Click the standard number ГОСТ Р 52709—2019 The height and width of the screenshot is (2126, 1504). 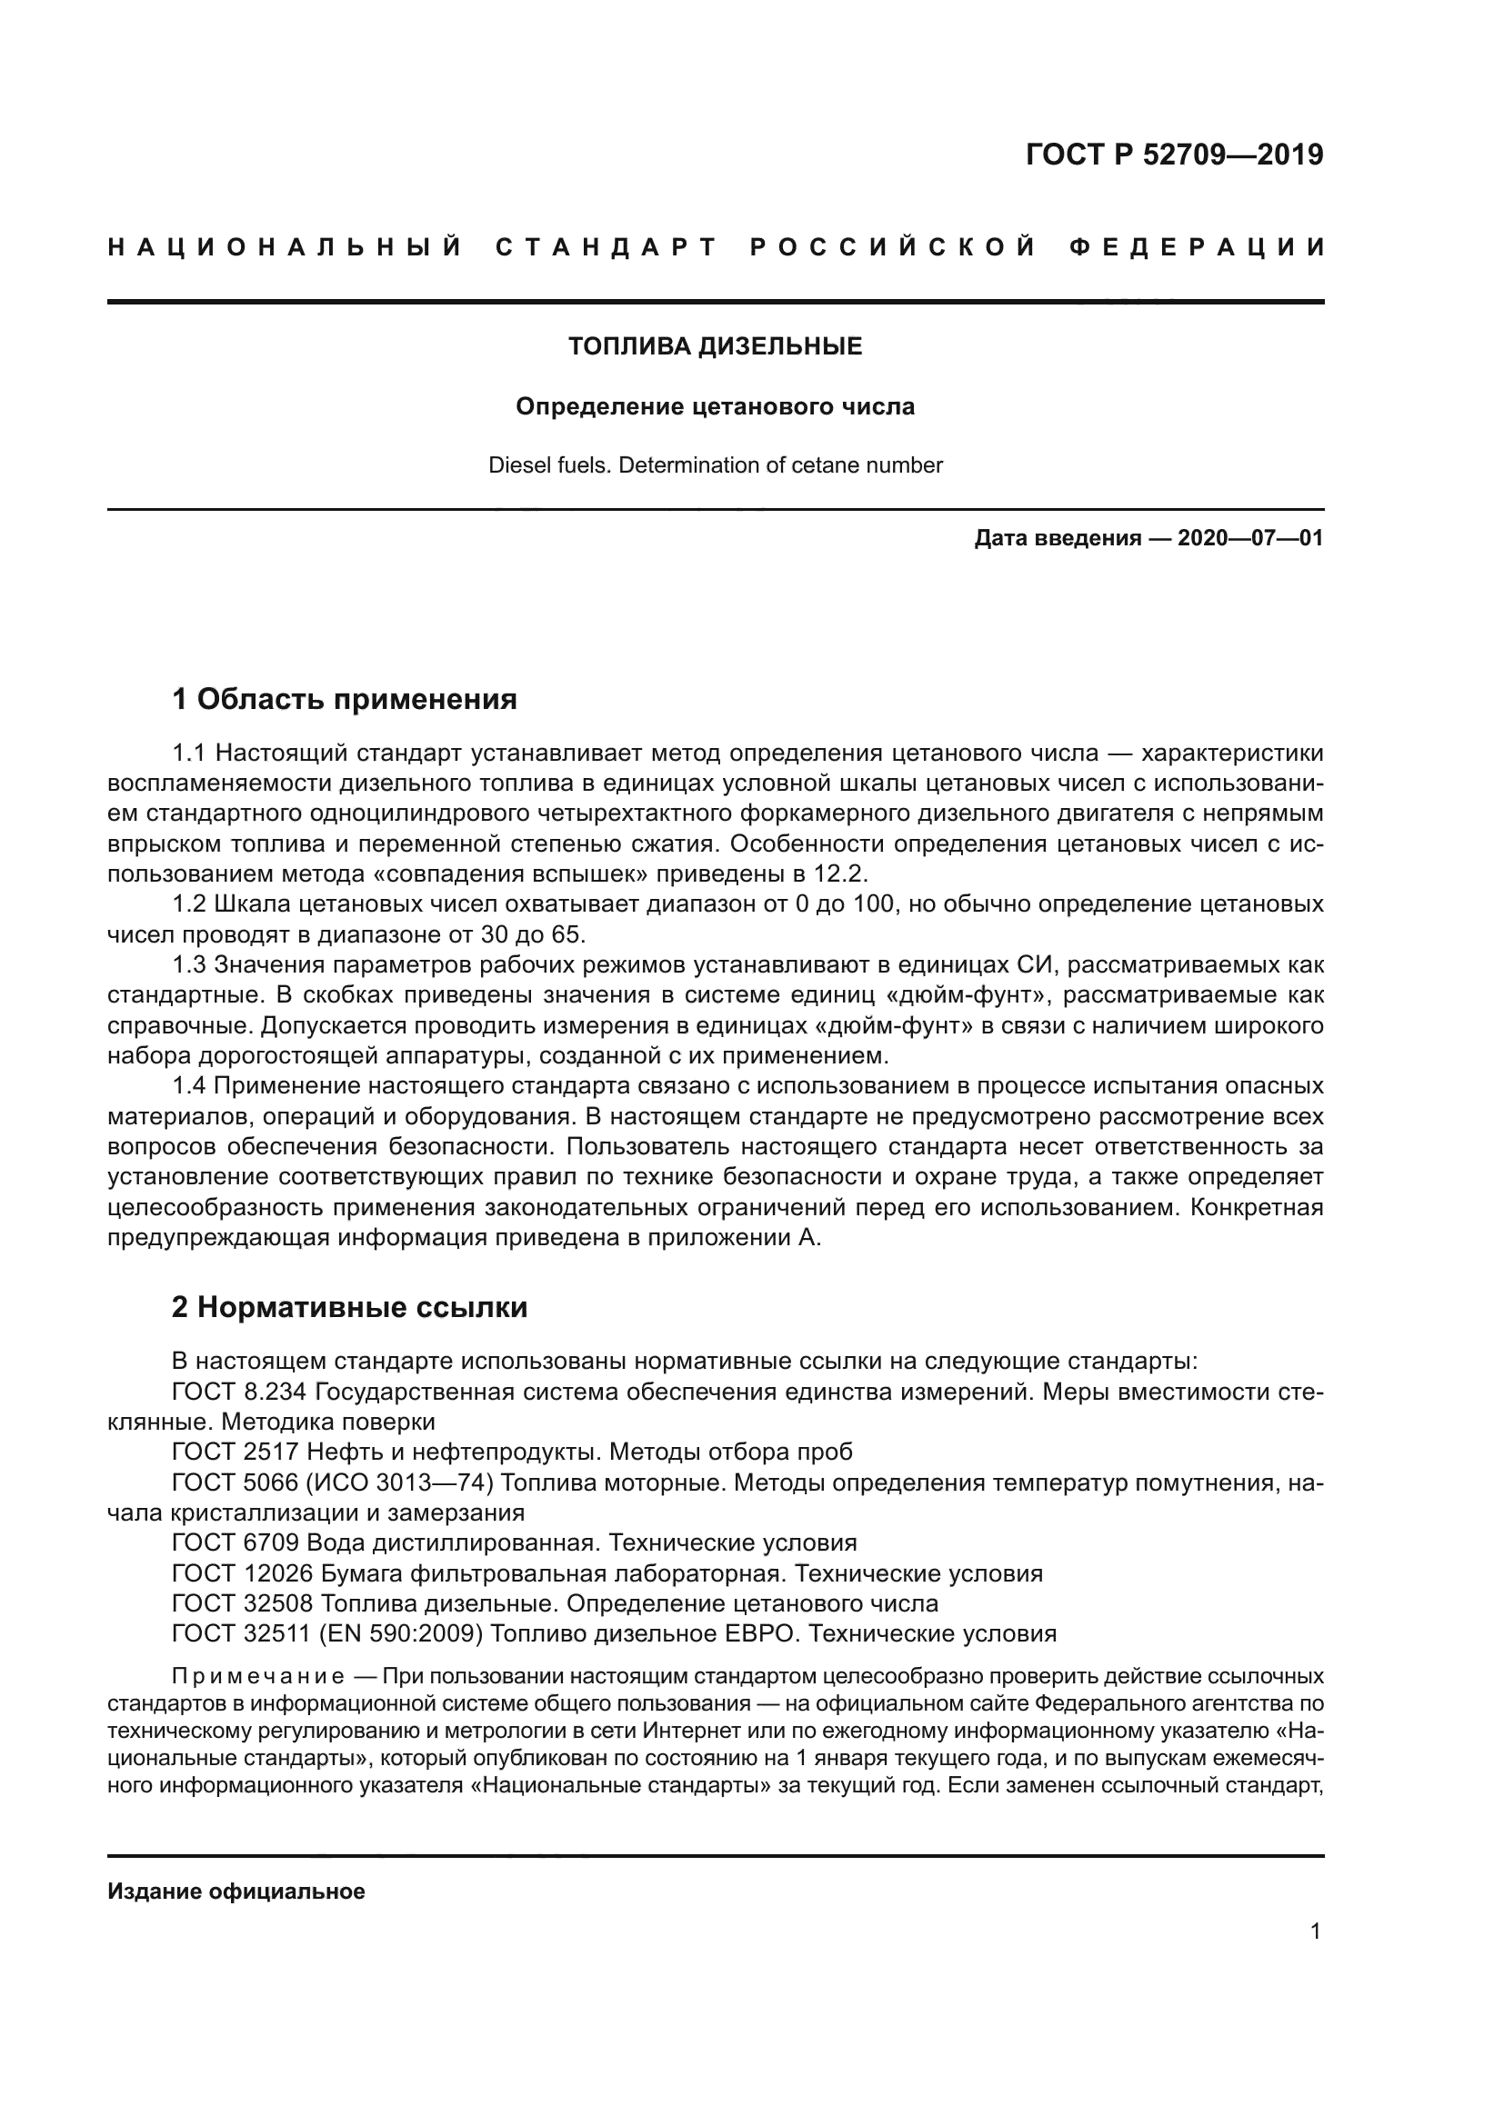click(x=1173, y=155)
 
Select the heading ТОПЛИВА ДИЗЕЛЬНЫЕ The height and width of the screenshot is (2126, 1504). click(x=714, y=346)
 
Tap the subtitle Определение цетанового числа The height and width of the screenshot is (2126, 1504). click(x=714, y=406)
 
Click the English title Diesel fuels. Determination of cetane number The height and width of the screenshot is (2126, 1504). click(x=714, y=465)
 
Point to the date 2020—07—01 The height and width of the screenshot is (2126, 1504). click(x=1249, y=538)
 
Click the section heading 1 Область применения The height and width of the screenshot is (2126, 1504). click(x=344, y=699)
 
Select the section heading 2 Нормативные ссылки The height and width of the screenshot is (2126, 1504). click(x=349, y=1307)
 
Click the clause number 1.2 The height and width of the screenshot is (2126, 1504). click(x=190, y=903)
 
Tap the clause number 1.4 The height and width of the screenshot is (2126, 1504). click(x=190, y=1085)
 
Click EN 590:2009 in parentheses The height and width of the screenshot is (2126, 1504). click(x=400, y=1633)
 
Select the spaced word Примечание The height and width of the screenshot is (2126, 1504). click(x=257, y=1677)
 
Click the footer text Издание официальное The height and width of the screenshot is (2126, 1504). click(x=236, y=1891)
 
